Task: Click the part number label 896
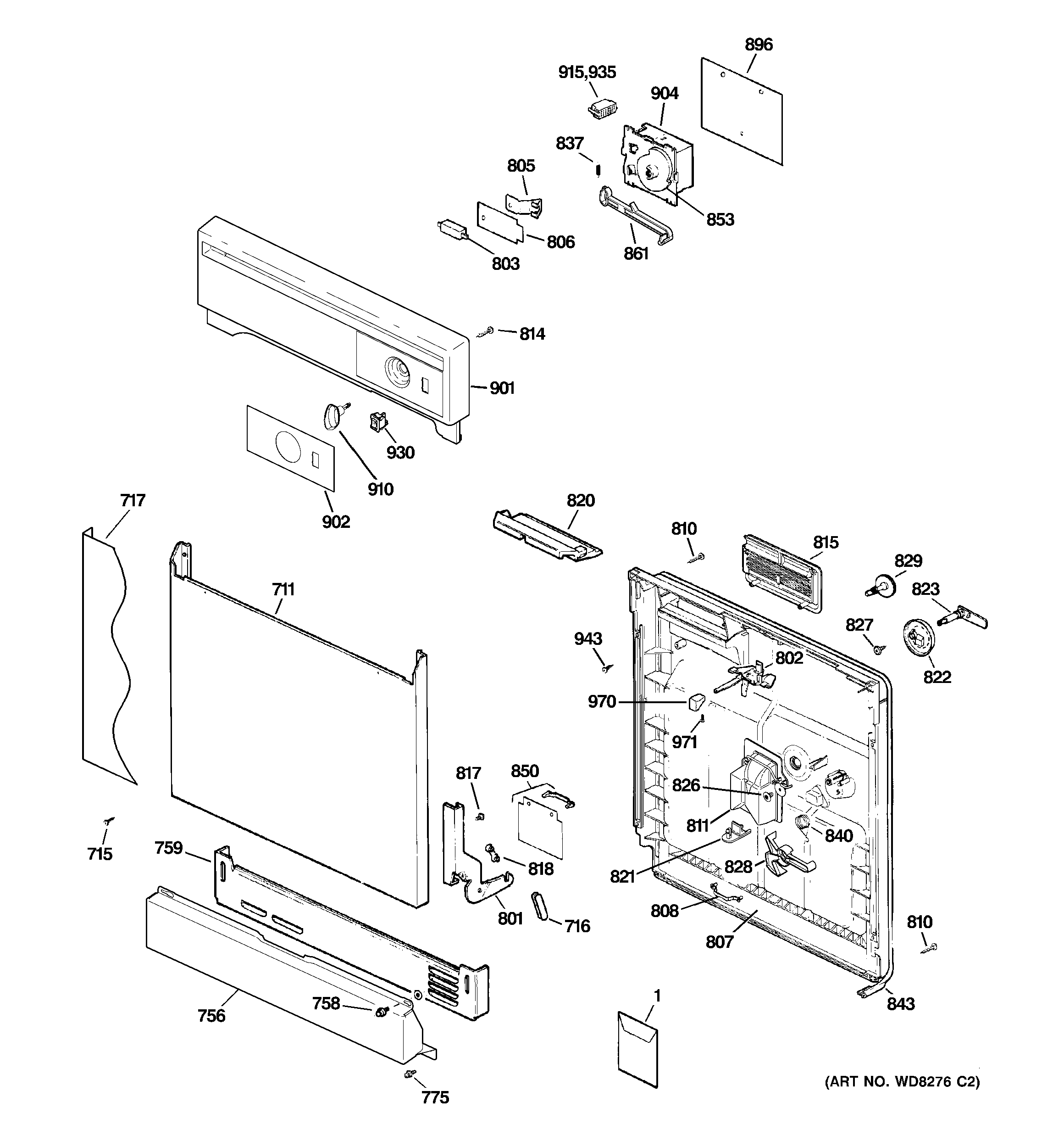pos(759,44)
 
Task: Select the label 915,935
pos(587,72)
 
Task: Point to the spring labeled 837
pos(598,170)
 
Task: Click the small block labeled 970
pos(696,701)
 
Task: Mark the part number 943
pos(588,638)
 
